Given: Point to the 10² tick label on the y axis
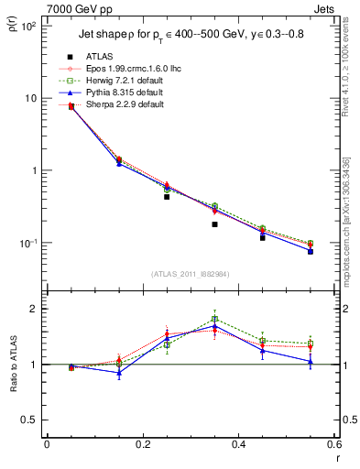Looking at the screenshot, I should click(27, 27).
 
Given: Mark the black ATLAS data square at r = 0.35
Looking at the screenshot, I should click(214, 224).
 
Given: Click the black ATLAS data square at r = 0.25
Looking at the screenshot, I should click(167, 196).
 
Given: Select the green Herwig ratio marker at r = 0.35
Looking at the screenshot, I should click(214, 320).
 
